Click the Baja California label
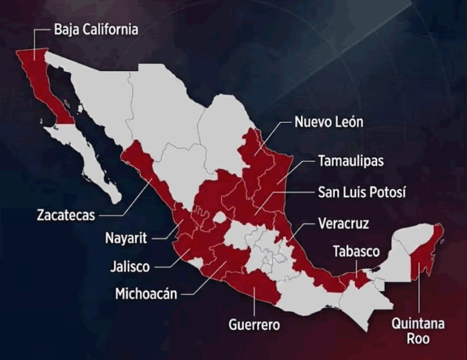(x=96, y=29)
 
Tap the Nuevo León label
(x=328, y=122)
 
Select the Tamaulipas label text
(x=351, y=161)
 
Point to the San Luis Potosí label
(x=362, y=192)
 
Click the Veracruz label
(x=344, y=224)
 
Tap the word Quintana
(x=418, y=323)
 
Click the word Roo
(x=418, y=338)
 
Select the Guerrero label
(x=254, y=324)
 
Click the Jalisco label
(x=130, y=266)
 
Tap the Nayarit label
(x=128, y=238)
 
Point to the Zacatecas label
(x=66, y=215)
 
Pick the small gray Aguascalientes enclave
(x=221, y=216)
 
